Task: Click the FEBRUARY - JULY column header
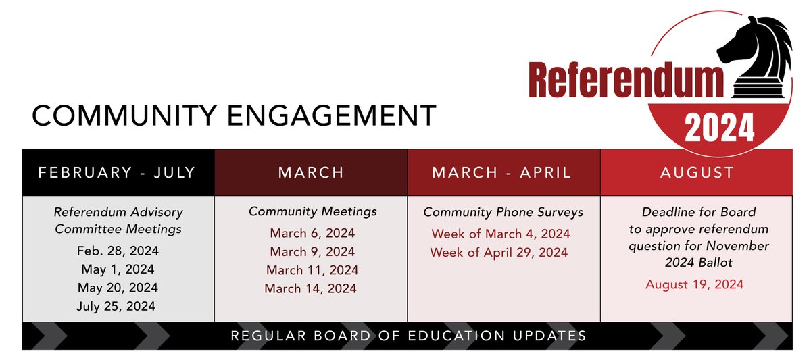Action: tap(117, 172)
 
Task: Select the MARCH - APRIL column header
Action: tap(502, 172)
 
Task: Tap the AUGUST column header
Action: tap(697, 172)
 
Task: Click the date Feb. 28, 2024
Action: tap(118, 251)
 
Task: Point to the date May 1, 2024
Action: tap(118, 269)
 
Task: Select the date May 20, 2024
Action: tap(118, 288)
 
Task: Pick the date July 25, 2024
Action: tap(118, 306)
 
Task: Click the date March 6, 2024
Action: tap(312, 234)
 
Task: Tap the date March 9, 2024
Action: tap(312, 252)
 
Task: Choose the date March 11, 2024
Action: tap(312, 270)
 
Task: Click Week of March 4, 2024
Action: tap(501, 234)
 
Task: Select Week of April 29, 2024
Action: tap(499, 253)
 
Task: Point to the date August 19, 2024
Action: tap(695, 284)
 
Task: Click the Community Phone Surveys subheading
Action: tap(503, 212)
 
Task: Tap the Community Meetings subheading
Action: tap(313, 211)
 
